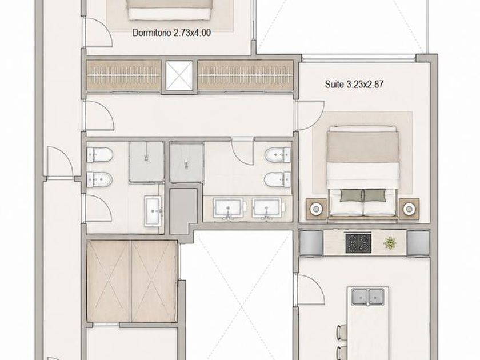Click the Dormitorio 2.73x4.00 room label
(171, 33)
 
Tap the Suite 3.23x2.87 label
(354, 84)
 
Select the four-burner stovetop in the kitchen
(358, 243)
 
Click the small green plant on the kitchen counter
(390, 243)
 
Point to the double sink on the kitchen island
(367, 297)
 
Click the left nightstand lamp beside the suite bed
(316, 209)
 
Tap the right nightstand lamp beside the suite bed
(409, 209)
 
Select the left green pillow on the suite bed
(351, 195)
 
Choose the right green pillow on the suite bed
(374, 195)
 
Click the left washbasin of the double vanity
(229, 208)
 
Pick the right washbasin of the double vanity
(267, 208)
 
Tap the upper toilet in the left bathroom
(100, 155)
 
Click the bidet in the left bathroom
(100, 179)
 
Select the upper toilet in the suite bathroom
(277, 155)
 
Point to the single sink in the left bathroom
(153, 211)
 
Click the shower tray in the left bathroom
(147, 162)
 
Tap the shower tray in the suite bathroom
(187, 162)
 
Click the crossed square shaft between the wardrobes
(179, 75)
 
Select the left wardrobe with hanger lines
(123, 75)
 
